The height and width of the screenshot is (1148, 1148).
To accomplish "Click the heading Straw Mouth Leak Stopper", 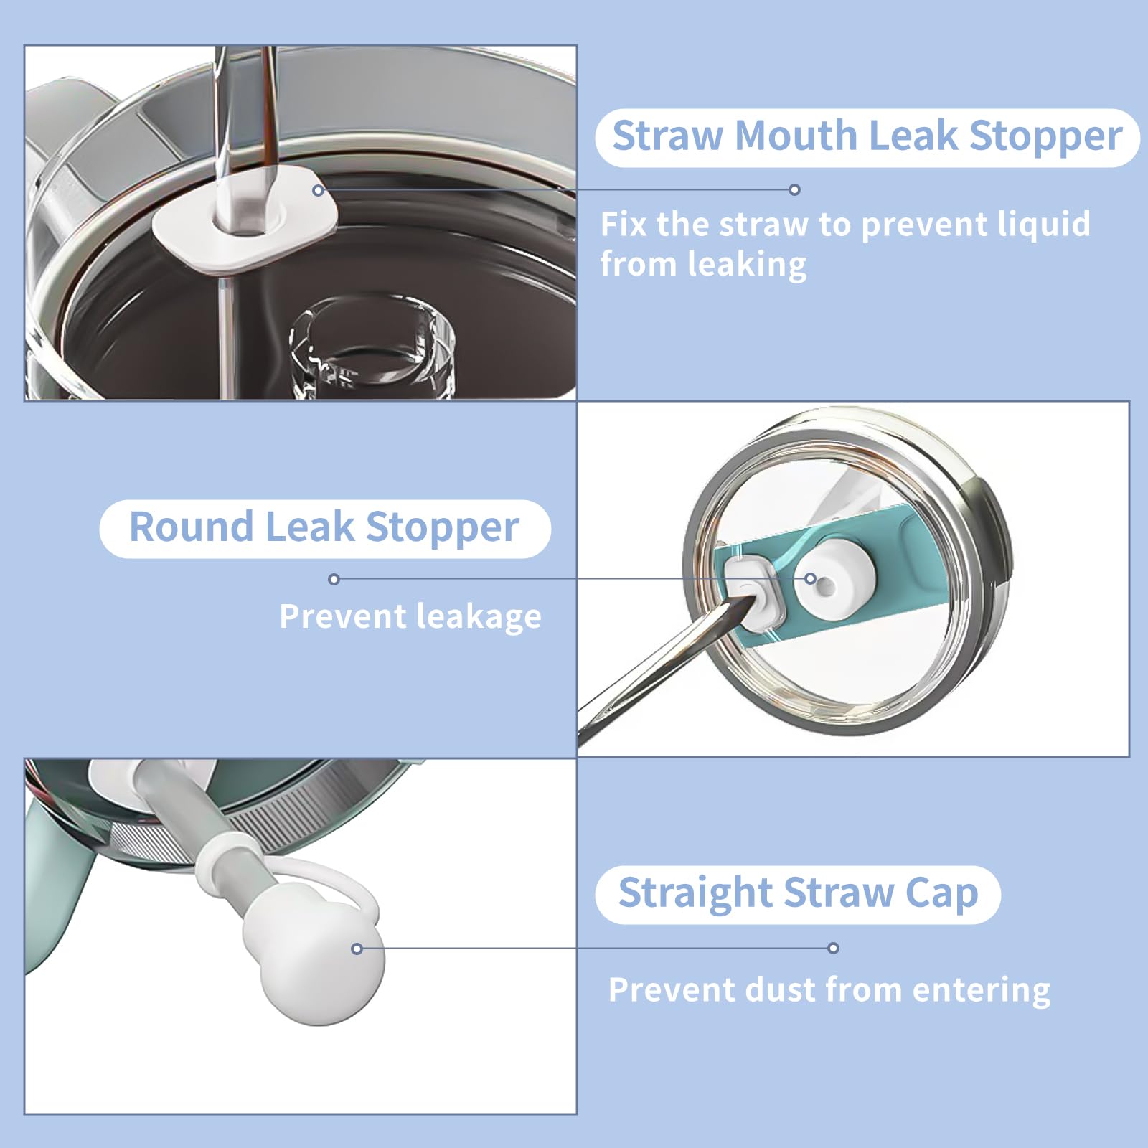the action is pyautogui.click(x=867, y=136).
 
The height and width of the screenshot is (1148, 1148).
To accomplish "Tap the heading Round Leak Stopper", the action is pyautogui.click(x=324, y=527).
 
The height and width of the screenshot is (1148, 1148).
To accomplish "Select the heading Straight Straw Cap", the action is pyautogui.click(x=798, y=893).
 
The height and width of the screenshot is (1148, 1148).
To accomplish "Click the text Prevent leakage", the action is pyautogui.click(x=410, y=616).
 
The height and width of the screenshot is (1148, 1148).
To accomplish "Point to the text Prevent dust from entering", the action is pyautogui.click(x=829, y=990).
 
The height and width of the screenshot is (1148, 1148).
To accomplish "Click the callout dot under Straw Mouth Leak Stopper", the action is pyautogui.click(x=794, y=189).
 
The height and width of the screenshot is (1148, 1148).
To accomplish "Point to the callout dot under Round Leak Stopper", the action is pyautogui.click(x=334, y=579).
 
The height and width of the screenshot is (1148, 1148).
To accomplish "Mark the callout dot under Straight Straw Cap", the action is pyautogui.click(x=833, y=948).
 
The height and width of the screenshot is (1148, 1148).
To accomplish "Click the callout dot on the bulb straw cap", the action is pyautogui.click(x=357, y=949).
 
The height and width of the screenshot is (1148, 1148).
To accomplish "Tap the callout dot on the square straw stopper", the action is pyautogui.click(x=318, y=190).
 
